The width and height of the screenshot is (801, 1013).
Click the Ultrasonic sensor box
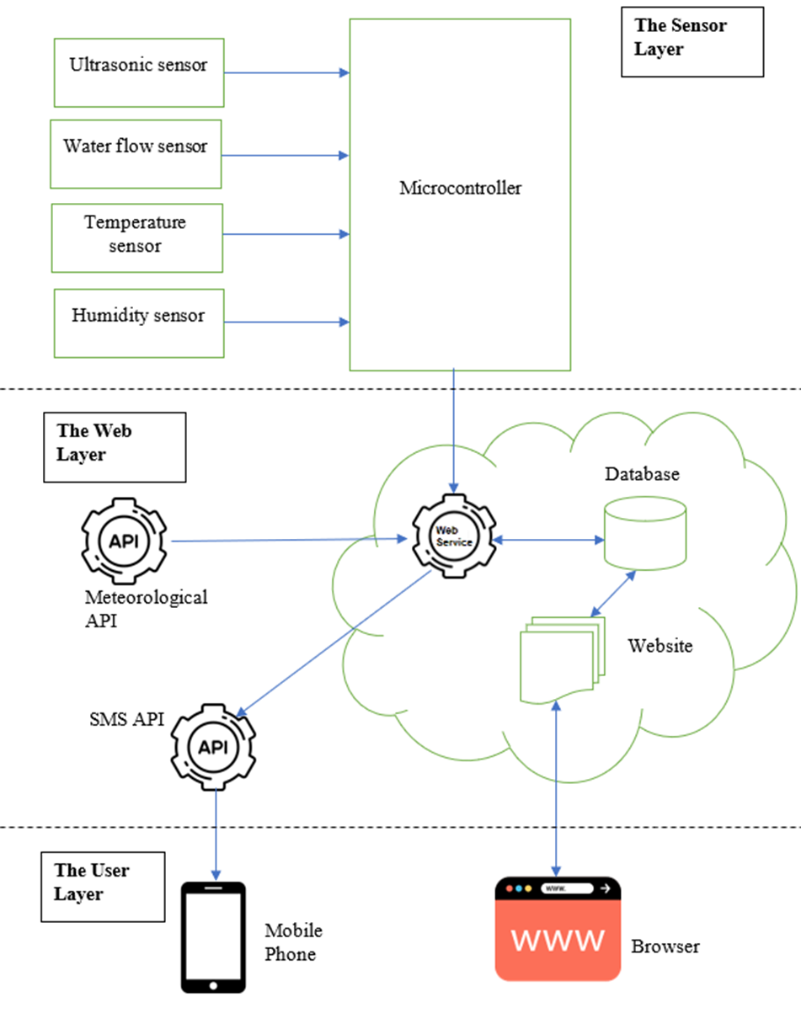(x=139, y=72)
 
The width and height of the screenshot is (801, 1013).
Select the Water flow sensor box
(x=136, y=154)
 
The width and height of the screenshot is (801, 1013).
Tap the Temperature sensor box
(x=137, y=237)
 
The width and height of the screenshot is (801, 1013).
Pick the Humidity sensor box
(x=139, y=323)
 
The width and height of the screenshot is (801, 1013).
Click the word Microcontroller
(x=460, y=188)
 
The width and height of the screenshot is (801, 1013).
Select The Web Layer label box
(x=115, y=446)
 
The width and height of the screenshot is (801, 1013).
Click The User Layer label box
(x=103, y=886)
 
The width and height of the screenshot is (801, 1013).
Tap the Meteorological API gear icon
(x=124, y=541)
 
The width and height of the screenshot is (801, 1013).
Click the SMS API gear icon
(x=214, y=745)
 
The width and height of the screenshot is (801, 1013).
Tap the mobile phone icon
(x=214, y=937)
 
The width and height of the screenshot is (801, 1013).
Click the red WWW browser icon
(x=558, y=929)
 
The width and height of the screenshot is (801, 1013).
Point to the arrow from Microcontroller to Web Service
(x=455, y=429)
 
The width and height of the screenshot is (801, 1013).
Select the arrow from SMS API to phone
(x=217, y=834)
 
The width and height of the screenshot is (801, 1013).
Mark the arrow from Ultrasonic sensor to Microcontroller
(x=286, y=73)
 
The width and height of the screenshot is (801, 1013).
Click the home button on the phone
(x=214, y=984)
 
